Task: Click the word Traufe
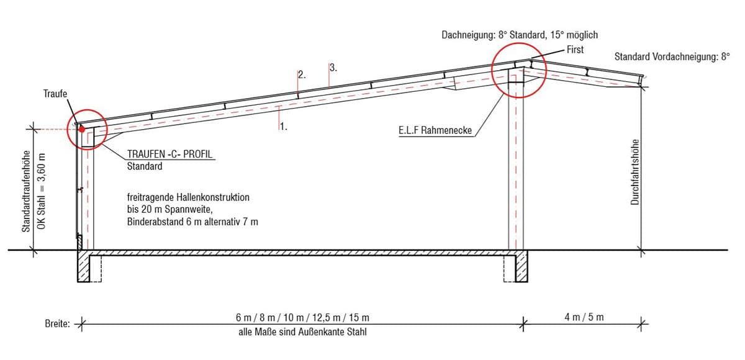pyautogui.click(x=55, y=94)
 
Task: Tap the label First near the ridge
pyautogui.click(x=575, y=50)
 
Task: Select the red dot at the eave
pyautogui.click(x=82, y=129)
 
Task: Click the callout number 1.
pyautogui.click(x=283, y=127)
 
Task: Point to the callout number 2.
pyautogui.click(x=302, y=74)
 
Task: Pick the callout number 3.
pyautogui.click(x=333, y=68)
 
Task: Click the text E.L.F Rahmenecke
pyautogui.click(x=435, y=130)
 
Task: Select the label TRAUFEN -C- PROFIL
pyautogui.click(x=169, y=154)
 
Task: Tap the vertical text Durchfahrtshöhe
pyautogui.click(x=635, y=172)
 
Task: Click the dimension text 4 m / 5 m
pyautogui.click(x=584, y=317)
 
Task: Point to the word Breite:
pyautogui.click(x=58, y=323)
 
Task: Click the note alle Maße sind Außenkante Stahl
pyautogui.click(x=303, y=331)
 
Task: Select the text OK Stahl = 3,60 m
pyautogui.click(x=42, y=191)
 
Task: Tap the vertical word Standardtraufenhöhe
pyautogui.click(x=26, y=191)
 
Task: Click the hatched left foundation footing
pyautogui.click(x=83, y=266)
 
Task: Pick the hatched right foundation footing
pyautogui.click(x=521, y=266)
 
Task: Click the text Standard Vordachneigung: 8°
pyautogui.click(x=672, y=56)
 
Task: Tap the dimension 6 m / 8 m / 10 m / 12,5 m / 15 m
pyautogui.click(x=303, y=317)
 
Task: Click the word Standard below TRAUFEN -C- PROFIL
pyautogui.click(x=145, y=166)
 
